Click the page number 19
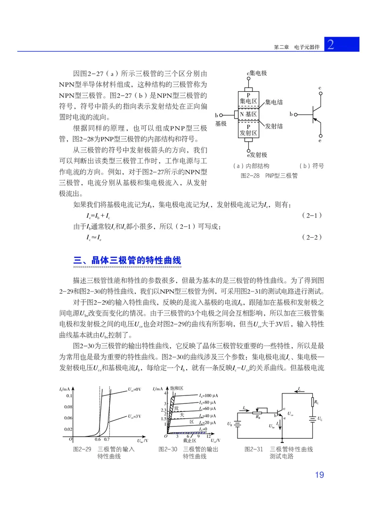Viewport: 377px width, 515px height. coord(320,475)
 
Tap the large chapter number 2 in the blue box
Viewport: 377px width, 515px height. coord(331,45)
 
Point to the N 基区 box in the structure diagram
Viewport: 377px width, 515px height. coord(248,114)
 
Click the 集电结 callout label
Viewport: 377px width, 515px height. coord(274,102)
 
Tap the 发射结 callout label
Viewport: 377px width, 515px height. coord(274,126)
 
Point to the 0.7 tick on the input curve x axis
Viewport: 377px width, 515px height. coord(107,439)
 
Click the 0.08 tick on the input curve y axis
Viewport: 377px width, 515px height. coord(68,406)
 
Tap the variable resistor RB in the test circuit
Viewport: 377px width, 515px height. coord(257,411)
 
